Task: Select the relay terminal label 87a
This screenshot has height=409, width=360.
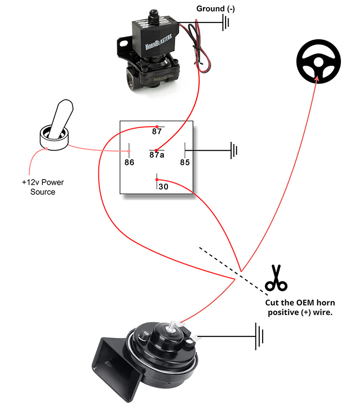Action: (157, 155)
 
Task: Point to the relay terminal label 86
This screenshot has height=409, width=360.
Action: (129, 162)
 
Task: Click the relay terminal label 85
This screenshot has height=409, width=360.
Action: (185, 162)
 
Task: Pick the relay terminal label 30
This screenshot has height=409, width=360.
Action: (163, 187)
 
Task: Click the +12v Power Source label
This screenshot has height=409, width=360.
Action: (43, 187)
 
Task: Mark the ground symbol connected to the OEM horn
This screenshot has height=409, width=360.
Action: (260, 336)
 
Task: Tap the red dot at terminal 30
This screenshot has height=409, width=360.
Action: (156, 180)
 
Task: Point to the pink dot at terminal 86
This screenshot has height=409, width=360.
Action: (129, 152)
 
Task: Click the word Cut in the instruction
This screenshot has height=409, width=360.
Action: (274, 303)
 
